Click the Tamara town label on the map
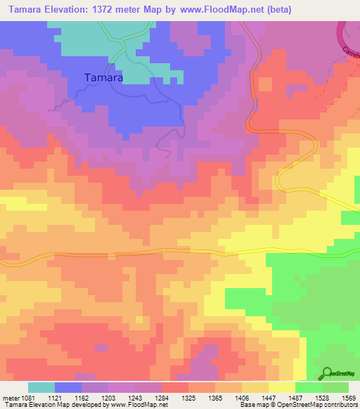click(x=103, y=79)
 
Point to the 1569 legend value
click(x=349, y=398)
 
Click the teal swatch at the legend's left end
click(x=41, y=387)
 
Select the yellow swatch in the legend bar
click(x=282, y=387)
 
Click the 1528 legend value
click(x=322, y=398)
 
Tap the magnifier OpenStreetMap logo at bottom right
click(x=327, y=373)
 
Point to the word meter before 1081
click(x=11, y=398)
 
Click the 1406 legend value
click(x=243, y=398)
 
